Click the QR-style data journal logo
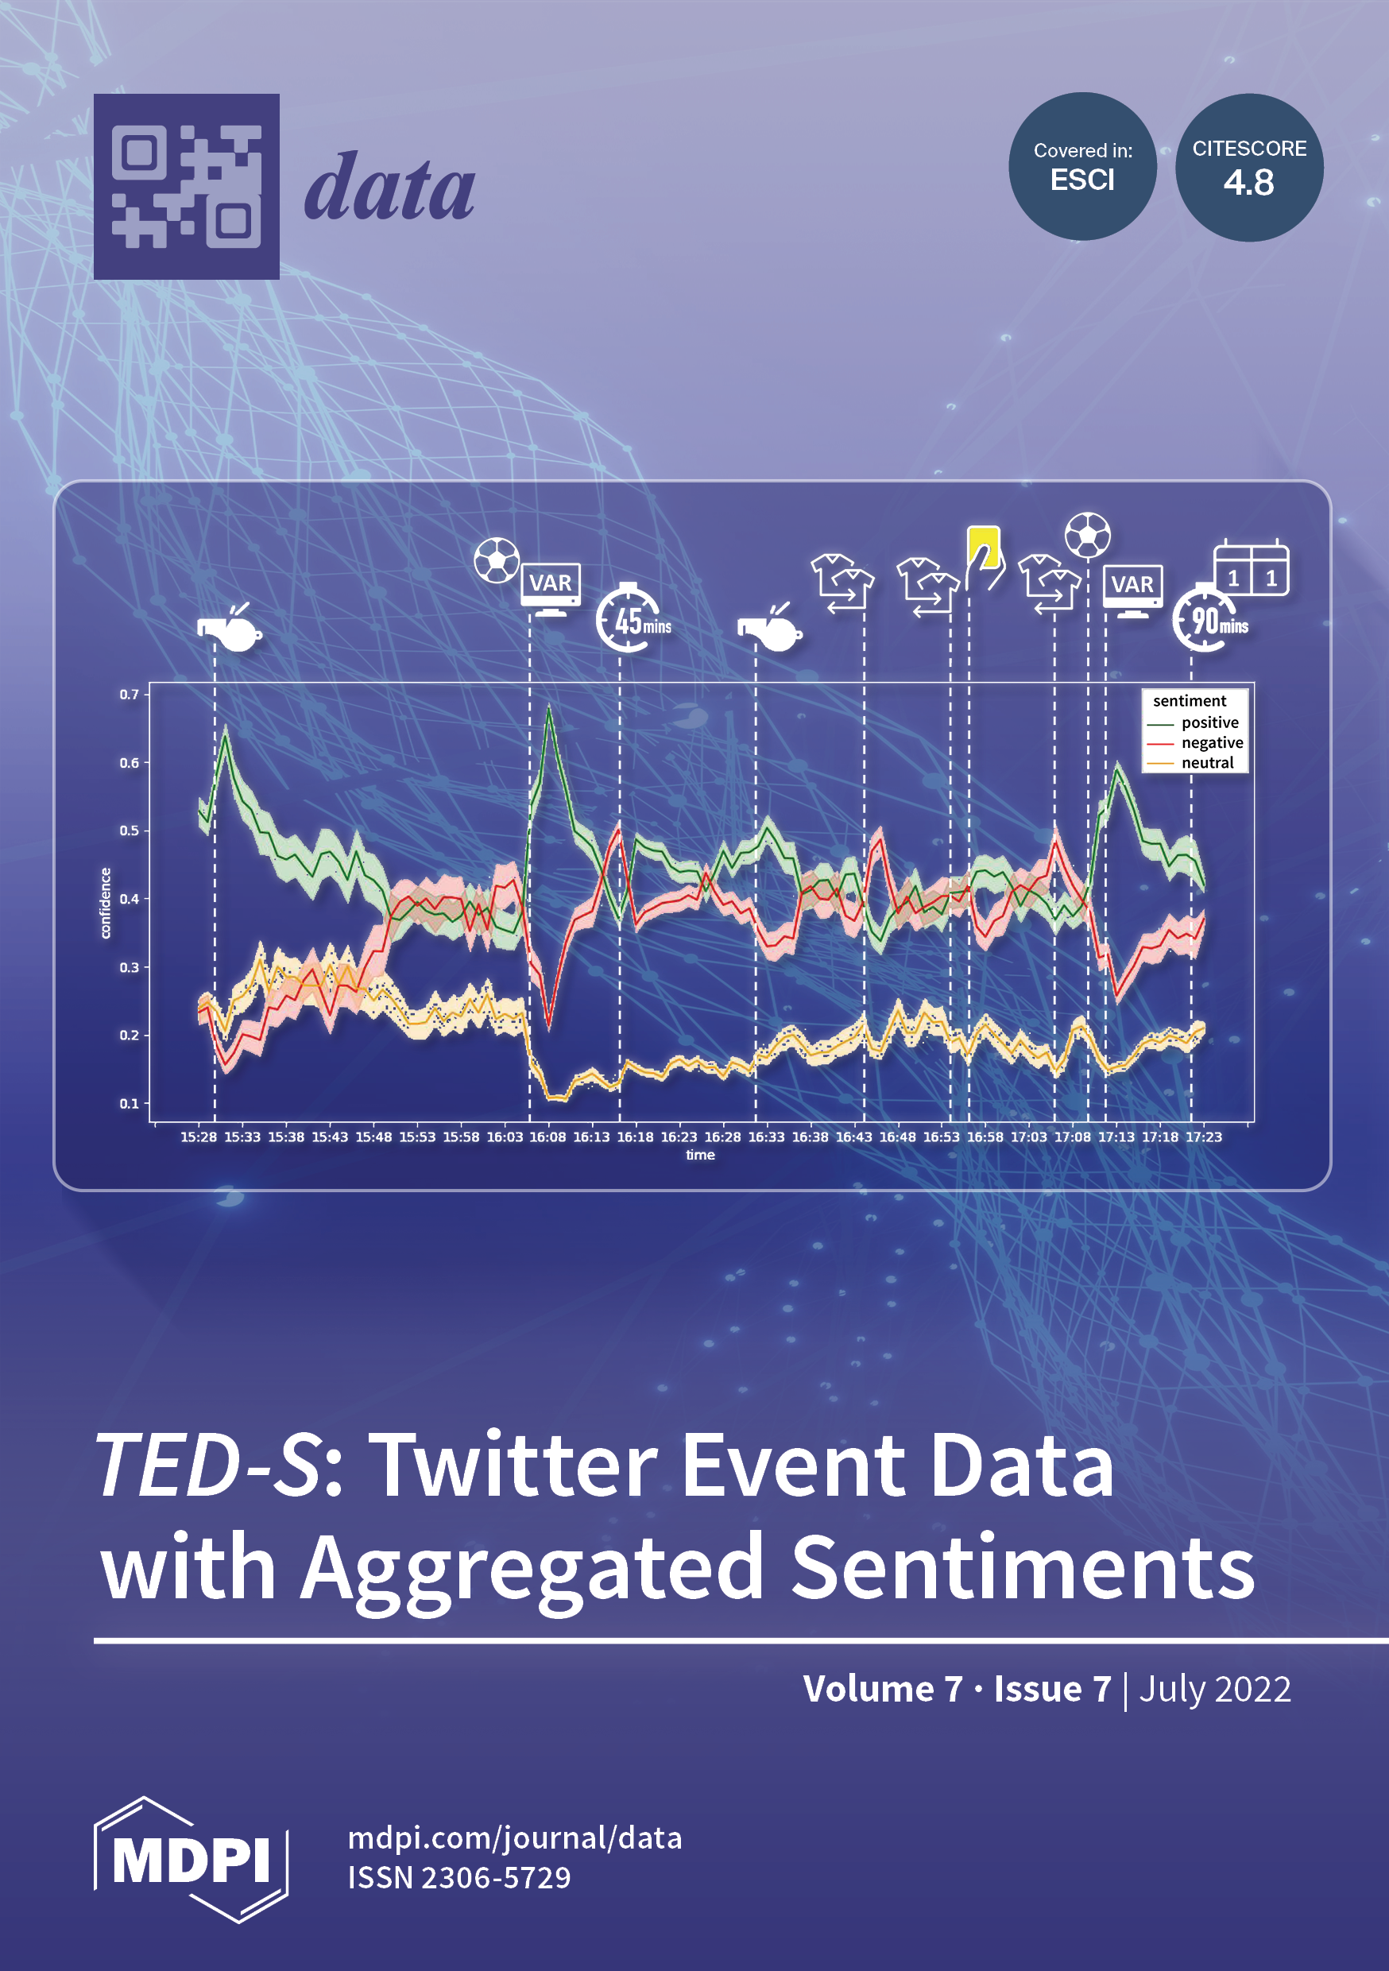click(x=186, y=186)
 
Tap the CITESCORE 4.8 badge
click(x=1249, y=168)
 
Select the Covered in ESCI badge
click(x=1082, y=167)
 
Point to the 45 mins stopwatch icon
click(x=633, y=618)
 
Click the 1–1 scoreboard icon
click(x=1252, y=568)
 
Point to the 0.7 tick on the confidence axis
click(x=129, y=694)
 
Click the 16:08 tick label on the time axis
click(x=547, y=1137)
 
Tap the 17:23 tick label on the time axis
click(x=1204, y=1137)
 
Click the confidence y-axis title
click(x=106, y=902)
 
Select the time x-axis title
click(x=701, y=1156)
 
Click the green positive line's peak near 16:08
click(x=549, y=708)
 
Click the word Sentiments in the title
click(x=1023, y=1567)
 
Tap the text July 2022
click(x=1215, y=1690)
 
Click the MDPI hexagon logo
click(x=191, y=1860)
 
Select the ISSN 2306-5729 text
click(x=459, y=1877)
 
